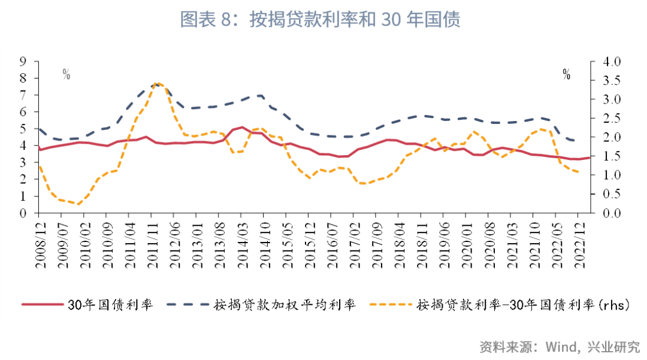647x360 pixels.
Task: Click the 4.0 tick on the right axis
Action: coord(606,62)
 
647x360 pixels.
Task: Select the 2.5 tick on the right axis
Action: coord(606,119)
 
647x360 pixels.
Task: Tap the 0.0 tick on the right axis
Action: coord(606,213)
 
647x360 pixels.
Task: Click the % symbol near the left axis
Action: coord(66,74)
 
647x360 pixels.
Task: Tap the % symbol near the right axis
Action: coord(566,74)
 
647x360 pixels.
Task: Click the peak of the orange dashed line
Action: coord(157,83)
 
